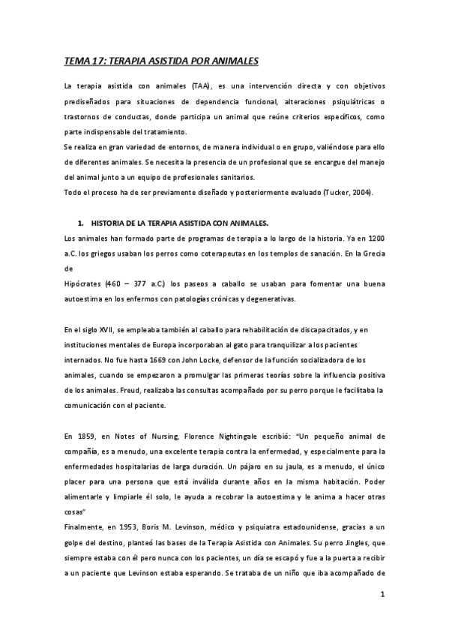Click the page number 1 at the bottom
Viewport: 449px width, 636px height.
382,595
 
